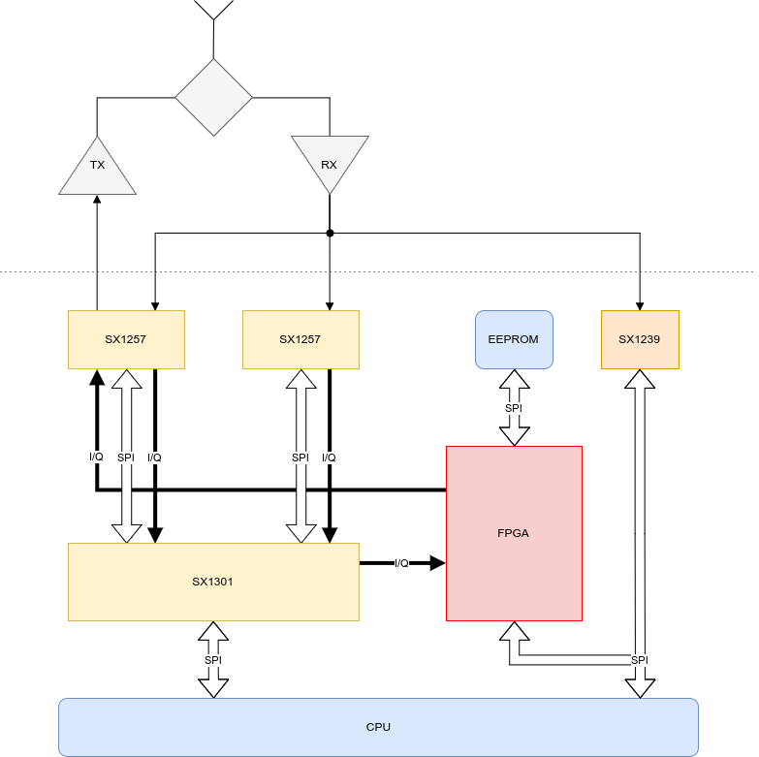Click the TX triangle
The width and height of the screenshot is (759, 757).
coord(97,170)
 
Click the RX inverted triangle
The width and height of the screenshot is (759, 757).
coord(330,160)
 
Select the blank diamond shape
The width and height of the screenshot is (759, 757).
coord(213,97)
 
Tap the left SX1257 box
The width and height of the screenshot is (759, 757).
coord(126,339)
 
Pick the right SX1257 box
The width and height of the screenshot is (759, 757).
coord(300,339)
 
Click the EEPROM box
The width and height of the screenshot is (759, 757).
coord(514,339)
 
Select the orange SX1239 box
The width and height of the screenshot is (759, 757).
coord(640,339)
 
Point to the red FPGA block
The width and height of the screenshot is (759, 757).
coord(514,533)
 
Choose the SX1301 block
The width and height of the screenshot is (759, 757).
coord(213,582)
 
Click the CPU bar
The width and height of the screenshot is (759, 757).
coord(378,727)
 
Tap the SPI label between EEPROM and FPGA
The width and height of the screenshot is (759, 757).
coord(514,408)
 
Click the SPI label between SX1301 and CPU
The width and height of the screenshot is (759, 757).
coord(213,660)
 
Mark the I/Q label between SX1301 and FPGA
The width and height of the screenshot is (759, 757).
coord(401,563)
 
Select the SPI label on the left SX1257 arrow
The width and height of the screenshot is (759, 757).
coord(126,457)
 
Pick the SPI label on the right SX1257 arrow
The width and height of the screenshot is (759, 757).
coord(300,457)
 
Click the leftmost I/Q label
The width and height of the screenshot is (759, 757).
coord(96,457)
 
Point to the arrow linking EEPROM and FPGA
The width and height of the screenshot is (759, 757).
coord(514,426)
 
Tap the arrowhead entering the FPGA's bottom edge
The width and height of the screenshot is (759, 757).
coord(514,634)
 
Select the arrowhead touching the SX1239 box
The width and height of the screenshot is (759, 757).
coord(640,381)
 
